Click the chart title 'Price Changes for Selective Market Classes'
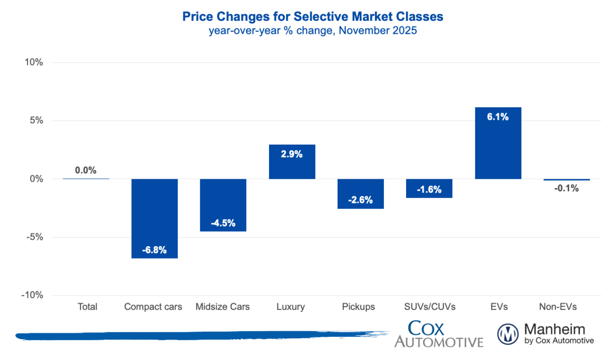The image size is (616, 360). (x=313, y=17)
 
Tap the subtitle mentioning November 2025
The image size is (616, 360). (x=313, y=31)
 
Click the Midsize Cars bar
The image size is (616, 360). (x=223, y=205)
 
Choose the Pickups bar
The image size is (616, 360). (x=361, y=194)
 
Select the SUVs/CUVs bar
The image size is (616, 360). (x=429, y=188)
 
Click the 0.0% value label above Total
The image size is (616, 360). (x=86, y=170)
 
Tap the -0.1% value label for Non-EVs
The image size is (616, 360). (x=567, y=188)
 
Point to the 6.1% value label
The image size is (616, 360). (x=498, y=117)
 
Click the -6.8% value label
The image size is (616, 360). (x=154, y=250)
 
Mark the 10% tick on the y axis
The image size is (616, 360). (x=34, y=62)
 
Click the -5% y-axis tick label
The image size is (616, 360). (x=34, y=237)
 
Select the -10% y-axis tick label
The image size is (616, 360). (x=32, y=295)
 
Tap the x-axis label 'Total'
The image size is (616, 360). (x=87, y=307)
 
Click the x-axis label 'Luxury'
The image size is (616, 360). (x=290, y=307)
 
